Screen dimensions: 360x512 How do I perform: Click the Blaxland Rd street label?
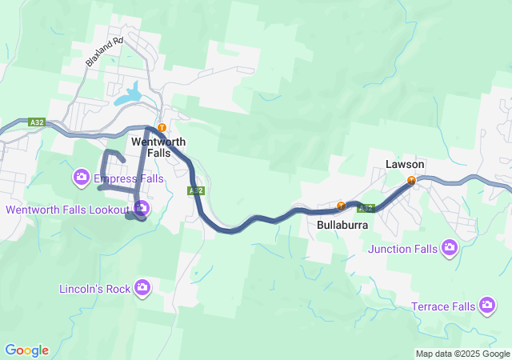[x=105, y=52]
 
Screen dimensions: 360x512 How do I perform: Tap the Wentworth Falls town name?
[x=158, y=146]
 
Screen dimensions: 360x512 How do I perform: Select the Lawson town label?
[x=405, y=164]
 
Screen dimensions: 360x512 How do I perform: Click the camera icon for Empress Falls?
[x=81, y=176]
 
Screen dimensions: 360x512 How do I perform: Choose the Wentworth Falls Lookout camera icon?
[x=142, y=210]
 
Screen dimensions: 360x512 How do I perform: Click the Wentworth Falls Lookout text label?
[x=67, y=210]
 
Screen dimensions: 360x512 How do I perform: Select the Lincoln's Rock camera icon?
[x=142, y=287]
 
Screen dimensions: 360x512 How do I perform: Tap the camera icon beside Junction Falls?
[x=450, y=248]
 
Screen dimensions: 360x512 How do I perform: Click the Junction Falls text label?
[x=403, y=248]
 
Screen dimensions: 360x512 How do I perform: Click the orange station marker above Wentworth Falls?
[x=162, y=127]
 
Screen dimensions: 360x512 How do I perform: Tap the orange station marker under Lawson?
[x=411, y=180]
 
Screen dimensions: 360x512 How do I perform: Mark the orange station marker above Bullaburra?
[x=342, y=205]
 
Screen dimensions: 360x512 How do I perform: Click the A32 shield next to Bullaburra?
[x=366, y=208]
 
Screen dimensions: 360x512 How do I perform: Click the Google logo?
[x=26, y=350]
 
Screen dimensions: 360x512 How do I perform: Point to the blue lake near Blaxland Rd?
[x=133, y=95]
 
